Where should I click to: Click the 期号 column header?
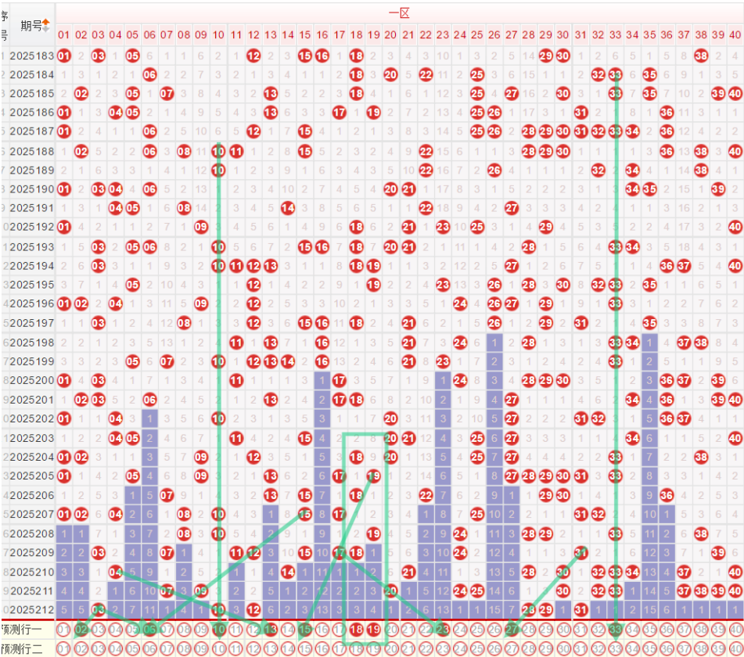coord(31,26)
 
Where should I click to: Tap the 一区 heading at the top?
coord(399,13)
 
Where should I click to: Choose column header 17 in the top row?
coord(339,35)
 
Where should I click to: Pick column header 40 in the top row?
coord(735,35)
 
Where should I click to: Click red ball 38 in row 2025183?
coord(701,56)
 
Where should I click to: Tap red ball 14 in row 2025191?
coord(287,208)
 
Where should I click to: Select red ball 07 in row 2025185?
coord(167,94)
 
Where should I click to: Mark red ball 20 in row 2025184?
coord(390,74)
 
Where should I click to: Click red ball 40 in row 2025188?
coord(735,151)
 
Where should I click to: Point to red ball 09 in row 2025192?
coord(201,228)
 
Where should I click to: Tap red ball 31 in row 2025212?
coord(580,609)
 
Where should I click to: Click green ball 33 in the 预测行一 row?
coord(615,628)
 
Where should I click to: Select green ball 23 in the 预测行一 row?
coord(442,628)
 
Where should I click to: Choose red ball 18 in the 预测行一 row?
coord(356,628)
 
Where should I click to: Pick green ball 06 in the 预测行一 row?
coord(149,628)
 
